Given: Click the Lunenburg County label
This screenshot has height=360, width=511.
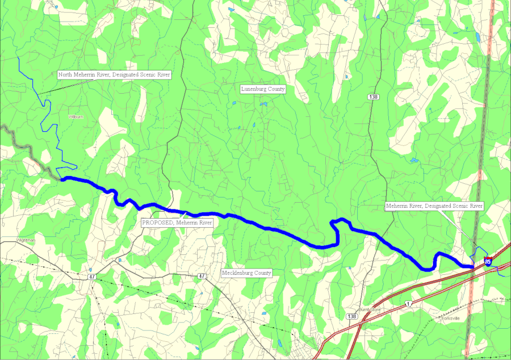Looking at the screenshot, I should [x=263, y=89].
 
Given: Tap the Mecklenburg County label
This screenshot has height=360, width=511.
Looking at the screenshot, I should [x=246, y=273].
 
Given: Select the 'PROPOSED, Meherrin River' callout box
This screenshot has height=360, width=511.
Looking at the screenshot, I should [x=177, y=223].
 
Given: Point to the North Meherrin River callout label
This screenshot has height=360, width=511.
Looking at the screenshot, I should [x=114, y=74].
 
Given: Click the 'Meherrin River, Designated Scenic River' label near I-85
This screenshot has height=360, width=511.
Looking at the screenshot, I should [x=434, y=206].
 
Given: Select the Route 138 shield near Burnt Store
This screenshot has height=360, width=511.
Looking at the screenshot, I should [x=353, y=316].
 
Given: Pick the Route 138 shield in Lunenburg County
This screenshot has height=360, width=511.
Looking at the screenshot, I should [x=373, y=97].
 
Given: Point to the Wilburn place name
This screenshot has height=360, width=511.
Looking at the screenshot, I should [x=76, y=116].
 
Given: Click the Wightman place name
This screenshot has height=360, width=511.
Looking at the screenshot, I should [x=26, y=240].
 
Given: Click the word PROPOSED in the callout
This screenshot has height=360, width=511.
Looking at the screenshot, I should [x=157, y=223].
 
